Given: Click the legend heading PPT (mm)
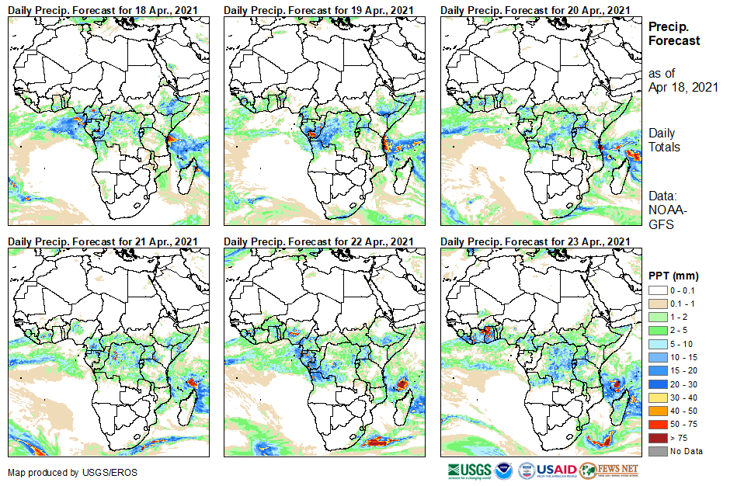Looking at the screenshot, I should coord(674,276).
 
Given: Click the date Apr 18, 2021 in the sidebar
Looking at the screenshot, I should coord(683,87).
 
